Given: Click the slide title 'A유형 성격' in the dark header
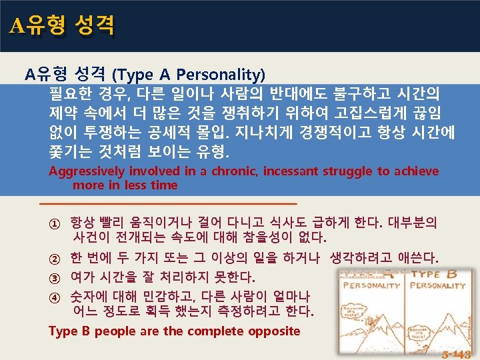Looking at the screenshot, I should point(62,25).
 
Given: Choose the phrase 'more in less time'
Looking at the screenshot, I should point(125,185).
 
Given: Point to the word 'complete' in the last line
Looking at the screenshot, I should point(218,331).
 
